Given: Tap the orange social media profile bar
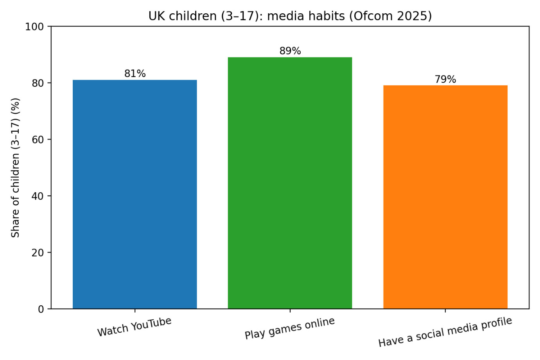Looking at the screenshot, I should [x=445, y=197].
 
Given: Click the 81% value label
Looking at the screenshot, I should [x=135, y=73].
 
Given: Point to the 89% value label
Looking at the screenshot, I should [x=290, y=51].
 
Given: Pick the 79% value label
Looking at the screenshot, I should [x=445, y=79].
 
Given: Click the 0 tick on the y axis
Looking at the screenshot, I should [x=41, y=309].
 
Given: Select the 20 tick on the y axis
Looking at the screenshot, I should [x=38, y=253].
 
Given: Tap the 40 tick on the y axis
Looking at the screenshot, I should [x=38, y=196].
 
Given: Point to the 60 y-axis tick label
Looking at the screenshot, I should [x=38, y=140].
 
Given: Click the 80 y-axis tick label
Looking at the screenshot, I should [x=38, y=83].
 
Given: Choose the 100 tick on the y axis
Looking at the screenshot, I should [x=35, y=27].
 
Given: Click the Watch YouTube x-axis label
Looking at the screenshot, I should [x=135, y=327].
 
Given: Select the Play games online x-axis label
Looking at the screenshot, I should [x=290, y=328].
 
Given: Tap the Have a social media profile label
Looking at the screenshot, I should [x=445, y=332].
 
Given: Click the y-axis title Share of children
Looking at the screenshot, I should [x=15, y=168].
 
